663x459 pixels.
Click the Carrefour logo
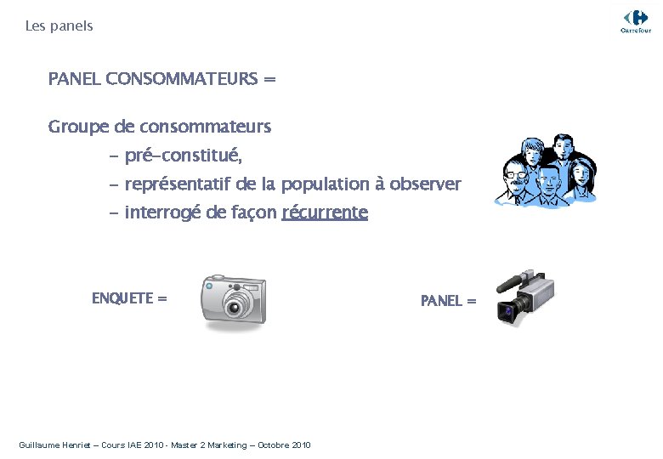click(635, 20)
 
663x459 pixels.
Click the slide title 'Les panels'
click(59, 26)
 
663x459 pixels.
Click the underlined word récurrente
click(325, 212)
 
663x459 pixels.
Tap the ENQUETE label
click(123, 298)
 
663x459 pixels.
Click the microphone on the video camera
click(511, 280)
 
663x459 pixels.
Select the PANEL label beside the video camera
click(442, 301)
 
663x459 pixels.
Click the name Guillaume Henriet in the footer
click(54, 445)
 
